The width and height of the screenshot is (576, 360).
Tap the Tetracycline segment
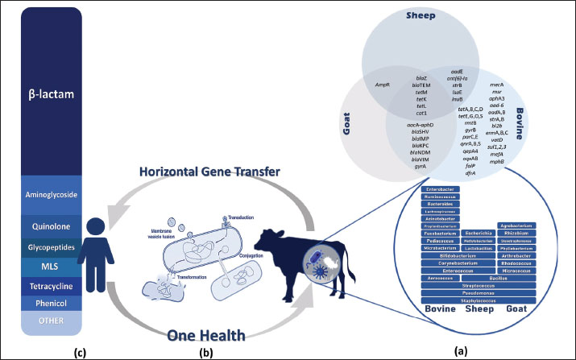(x=52, y=283)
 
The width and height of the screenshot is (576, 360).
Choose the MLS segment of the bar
(x=52, y=267)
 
